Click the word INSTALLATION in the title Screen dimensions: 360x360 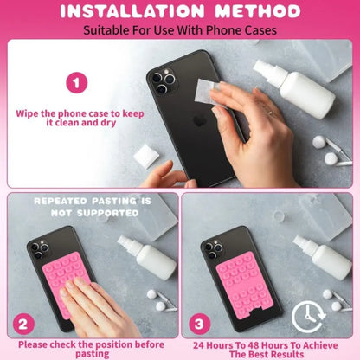click(128, 12)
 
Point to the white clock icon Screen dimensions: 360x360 click(309, 317)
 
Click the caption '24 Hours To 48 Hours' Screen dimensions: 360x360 click(270, 344)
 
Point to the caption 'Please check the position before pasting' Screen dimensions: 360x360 click(90, 348)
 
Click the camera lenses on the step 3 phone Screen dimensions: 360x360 click(210, 251)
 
